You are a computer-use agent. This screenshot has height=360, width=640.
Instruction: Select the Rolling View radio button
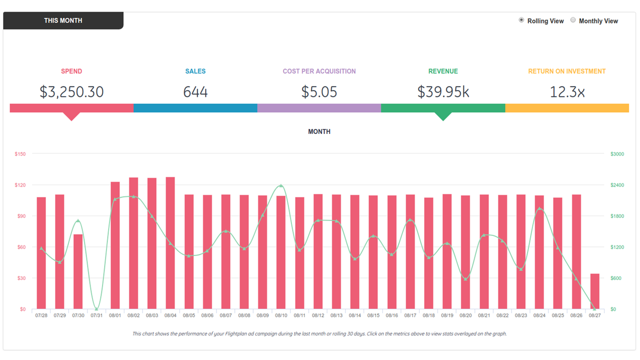pos(521,20)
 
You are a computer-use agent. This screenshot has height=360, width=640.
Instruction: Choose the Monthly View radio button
pos(573,20)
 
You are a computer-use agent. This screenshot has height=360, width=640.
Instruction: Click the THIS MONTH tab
pos(63,20)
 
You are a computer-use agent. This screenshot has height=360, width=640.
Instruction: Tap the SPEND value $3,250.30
pos(71,92)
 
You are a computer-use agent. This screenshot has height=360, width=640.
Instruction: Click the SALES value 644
pos(195,92)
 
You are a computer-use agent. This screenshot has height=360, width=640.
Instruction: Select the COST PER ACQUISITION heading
pos(319,71)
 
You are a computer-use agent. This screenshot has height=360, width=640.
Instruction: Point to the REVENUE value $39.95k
pos(443,92)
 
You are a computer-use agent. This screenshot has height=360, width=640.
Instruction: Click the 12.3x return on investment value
pos(567,92)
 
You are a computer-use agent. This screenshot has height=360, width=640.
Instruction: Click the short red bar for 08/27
pos(594,291)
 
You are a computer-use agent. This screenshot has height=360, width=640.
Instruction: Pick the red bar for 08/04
pos(170,243)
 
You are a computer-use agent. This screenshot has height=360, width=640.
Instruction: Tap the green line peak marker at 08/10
pos(281,185)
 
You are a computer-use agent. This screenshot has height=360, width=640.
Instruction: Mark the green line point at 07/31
pos(96,309)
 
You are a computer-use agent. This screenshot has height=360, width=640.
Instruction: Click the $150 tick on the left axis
pos(20,154)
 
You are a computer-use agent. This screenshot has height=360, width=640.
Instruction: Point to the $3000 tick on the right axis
pos(617,154)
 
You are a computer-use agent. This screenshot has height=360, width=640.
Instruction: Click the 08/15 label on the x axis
pos(373,315)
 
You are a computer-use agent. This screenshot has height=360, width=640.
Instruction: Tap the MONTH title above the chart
pos(319,131)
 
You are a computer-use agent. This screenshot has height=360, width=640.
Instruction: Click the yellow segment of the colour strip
pos(567,108)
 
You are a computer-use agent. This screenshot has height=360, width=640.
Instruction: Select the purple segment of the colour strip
pos(319,108)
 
